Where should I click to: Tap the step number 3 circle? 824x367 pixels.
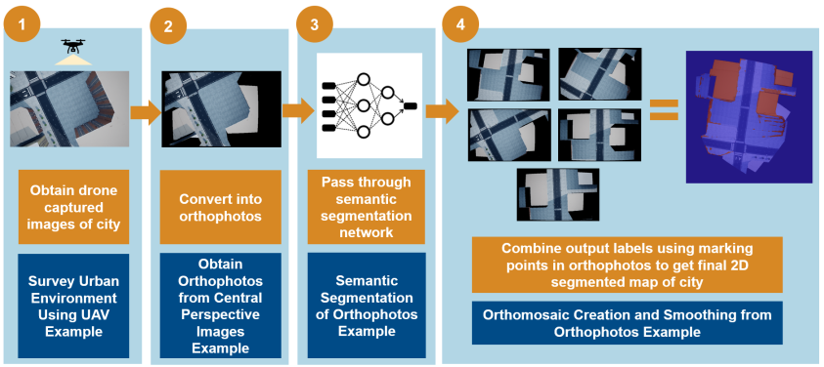coord(313,23)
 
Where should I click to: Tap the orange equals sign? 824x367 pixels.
coord(664,108)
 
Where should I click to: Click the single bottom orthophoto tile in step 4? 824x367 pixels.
coord(558,194)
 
